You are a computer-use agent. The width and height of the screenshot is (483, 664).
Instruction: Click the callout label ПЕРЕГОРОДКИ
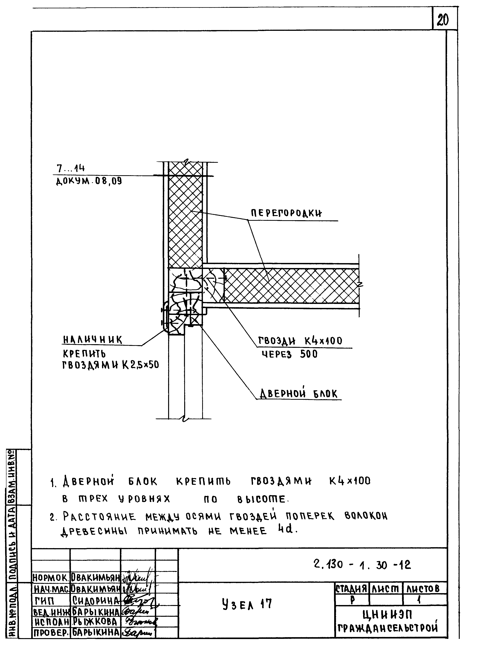[x=286, y=213]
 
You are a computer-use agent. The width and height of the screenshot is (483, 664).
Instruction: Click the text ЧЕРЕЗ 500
[x=289, y=355]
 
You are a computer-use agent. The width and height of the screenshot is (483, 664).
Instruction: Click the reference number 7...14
[x=71, y=168]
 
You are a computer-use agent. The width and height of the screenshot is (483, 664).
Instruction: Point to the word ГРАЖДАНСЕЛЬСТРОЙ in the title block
[x=388, y=628]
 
